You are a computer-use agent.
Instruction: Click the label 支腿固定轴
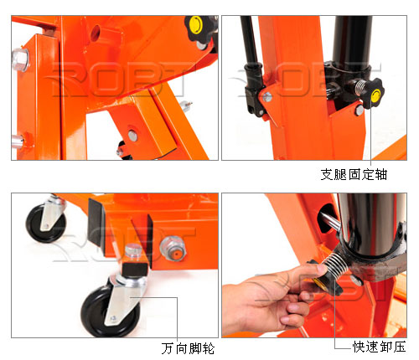354,175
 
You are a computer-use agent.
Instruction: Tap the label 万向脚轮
188,348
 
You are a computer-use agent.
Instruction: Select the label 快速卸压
380,347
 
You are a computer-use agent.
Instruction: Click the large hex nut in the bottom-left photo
173,248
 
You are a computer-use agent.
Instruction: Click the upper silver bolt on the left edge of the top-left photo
20,60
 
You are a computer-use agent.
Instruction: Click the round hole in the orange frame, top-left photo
95,32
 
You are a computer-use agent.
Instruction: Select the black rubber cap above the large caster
134,270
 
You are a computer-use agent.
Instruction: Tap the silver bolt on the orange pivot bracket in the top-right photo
267,97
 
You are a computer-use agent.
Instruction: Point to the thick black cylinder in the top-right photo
352,44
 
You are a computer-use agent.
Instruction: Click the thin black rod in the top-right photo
250,40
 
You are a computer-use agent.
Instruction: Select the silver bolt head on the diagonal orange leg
132,135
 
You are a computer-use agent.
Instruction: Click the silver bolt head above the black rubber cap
132,250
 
